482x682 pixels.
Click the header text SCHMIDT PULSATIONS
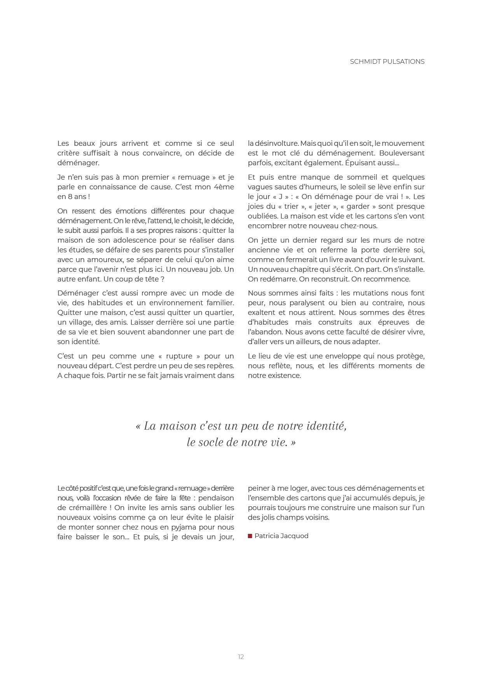(x=387, y=61)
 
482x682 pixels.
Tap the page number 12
(x=241, y=657)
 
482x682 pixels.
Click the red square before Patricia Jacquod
(x=250, y=536)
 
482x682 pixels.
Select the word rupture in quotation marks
(x=179, y=356)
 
